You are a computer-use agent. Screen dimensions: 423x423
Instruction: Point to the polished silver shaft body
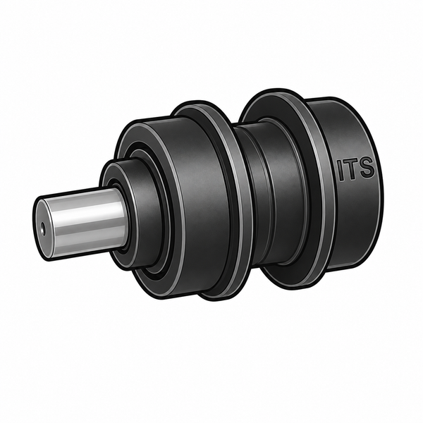click(x=85, y=223)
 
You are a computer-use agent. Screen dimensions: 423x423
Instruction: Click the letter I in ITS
click(x=341, y=171)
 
